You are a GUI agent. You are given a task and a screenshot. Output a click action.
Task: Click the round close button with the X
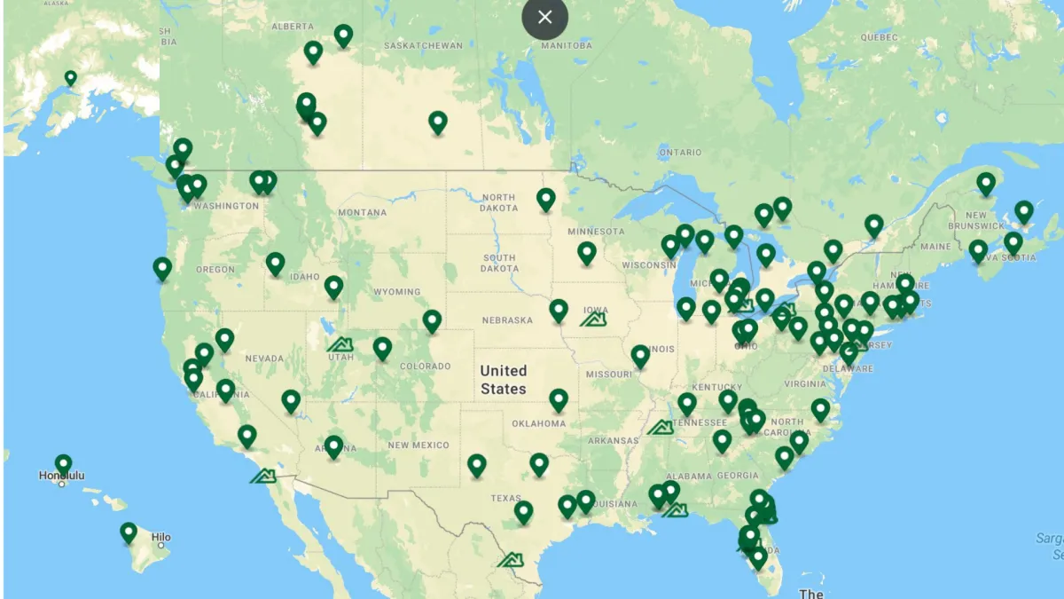tap(544, 17)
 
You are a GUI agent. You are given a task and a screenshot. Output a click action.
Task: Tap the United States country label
tap(504, 380)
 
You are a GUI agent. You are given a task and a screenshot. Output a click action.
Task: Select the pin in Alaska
tap(71, 79)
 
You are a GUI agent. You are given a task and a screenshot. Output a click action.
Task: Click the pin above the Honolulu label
tap(63, 464)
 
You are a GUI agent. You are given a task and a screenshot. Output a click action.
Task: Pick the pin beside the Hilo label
tap(129, 532)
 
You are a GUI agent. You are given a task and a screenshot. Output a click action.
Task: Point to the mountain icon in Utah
tap(340, 344)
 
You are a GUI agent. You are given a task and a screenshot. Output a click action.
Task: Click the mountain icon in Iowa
tap(593, 318)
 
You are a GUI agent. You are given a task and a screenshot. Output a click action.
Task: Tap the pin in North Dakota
tap(546, 199)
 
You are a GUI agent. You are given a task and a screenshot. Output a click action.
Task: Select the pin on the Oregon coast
tap(162, 268)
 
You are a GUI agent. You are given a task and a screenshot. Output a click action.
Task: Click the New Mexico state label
tap(419, 445)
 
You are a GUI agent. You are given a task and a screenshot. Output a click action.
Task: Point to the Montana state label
tap(362, 213)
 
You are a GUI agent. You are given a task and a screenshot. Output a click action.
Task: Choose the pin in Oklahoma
tap(559, 399)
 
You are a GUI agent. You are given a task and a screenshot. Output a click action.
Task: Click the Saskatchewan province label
tap(424, 45)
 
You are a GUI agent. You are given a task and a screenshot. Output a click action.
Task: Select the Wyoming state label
tap(396, 291)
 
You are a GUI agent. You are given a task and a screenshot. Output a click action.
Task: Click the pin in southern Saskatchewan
tap(438, 122)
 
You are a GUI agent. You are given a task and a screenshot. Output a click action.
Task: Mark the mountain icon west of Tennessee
tap(661, 428)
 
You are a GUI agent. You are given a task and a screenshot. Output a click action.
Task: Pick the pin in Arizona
tap(333, 445)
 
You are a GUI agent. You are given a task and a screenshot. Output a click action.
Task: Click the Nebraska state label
tap(507, 320)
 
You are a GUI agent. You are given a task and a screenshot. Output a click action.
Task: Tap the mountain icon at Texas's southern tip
tap(510, 560)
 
